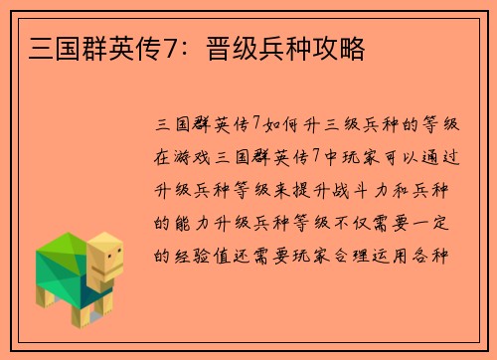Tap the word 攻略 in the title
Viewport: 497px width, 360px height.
tap(339, 48)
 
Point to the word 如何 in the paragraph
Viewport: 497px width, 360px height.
tap(281, 124)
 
